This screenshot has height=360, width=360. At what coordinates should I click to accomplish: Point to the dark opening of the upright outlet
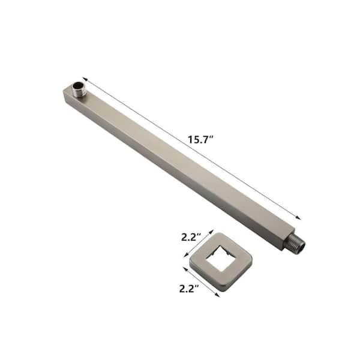[x=77, y=89]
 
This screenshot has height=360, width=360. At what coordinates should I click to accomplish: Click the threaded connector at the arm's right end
[x=296, y=244]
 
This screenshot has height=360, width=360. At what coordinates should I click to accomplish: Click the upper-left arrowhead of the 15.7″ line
[x=85, y=79]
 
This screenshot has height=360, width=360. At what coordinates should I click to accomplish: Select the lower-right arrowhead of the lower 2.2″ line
[x=218, y=295]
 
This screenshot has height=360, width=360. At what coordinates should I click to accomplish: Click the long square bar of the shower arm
[x=180, y=168]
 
